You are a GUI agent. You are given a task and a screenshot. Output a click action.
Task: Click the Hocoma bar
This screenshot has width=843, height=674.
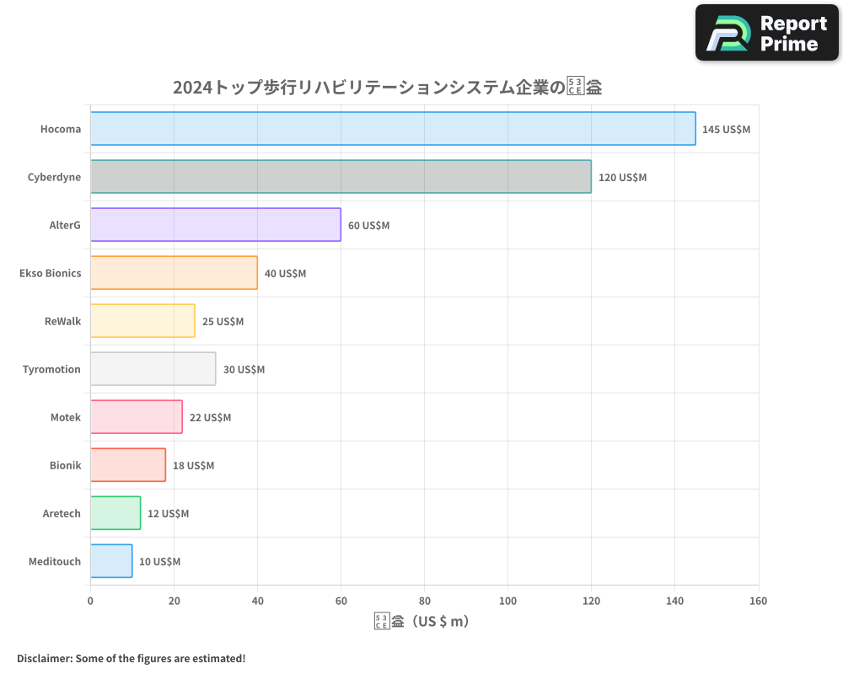coord(393,129)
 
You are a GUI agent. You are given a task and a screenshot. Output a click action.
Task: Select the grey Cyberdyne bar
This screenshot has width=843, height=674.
coord(341,177)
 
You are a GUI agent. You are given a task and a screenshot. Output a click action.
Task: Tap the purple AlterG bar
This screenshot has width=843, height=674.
coord(216,225)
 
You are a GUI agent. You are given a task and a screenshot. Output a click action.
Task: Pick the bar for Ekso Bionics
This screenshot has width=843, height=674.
coord(174,273)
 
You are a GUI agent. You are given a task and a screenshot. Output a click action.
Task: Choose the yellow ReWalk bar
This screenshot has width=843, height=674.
coord(142,321)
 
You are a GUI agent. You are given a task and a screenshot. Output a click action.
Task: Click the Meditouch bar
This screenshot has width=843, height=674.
coord(111,561)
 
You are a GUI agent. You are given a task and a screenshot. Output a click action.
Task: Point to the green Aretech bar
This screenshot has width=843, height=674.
coord(115,513)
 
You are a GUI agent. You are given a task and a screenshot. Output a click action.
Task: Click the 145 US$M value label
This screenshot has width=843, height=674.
coord(726,130)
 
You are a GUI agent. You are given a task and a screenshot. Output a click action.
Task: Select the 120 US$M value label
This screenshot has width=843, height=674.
coord(622,178)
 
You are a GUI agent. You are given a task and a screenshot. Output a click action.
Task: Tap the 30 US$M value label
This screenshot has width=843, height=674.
coord(244,370)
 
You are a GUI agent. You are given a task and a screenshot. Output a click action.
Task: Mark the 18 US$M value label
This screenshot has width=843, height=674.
coord(193,466)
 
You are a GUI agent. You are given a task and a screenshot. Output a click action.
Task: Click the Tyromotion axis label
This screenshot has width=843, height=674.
coord(51,370)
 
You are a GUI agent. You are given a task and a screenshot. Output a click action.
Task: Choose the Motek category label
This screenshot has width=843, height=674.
coord(66,418)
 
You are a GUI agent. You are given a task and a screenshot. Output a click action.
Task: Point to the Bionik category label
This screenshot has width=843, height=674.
coord(66,466)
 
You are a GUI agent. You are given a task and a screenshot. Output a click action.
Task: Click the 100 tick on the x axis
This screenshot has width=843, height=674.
coord(507,602)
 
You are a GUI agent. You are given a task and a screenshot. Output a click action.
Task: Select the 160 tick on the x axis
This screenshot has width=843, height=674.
coord(758,602)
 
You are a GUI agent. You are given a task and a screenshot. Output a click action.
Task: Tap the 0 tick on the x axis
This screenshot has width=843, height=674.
coord(90,602)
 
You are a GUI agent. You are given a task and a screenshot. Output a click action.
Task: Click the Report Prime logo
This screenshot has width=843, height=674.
coord(767,33)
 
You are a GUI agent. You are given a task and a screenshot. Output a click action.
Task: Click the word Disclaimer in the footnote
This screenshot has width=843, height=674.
coord(44,659)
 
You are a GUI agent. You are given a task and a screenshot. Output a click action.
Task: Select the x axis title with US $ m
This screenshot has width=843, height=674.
coord(422,622)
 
